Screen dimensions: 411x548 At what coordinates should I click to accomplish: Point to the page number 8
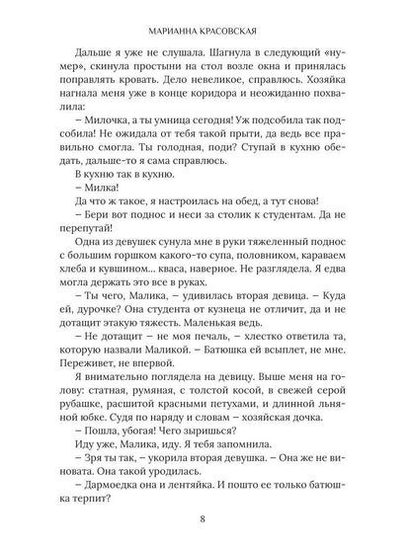(205, 521)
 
